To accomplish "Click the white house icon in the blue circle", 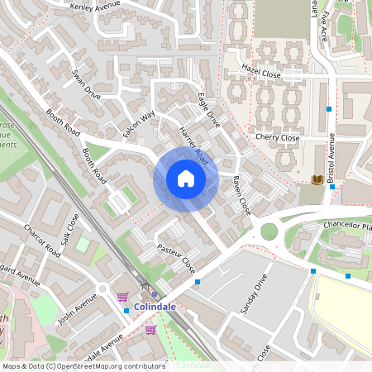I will pyautogui.click(x=185, y=179).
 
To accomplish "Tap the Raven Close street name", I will pyautogui.click(x=241, y=195).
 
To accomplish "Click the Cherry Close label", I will pyautogui.click(x=276, y=137).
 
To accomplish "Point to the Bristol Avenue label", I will pyautogui.click(x=331, y=157).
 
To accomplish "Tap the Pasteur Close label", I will pyautogui.click(x=176, y=259).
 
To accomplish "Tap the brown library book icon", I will pyautogui.click(x=317, y=179).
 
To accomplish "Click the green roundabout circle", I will pyautogui.click(x=269, y=231).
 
